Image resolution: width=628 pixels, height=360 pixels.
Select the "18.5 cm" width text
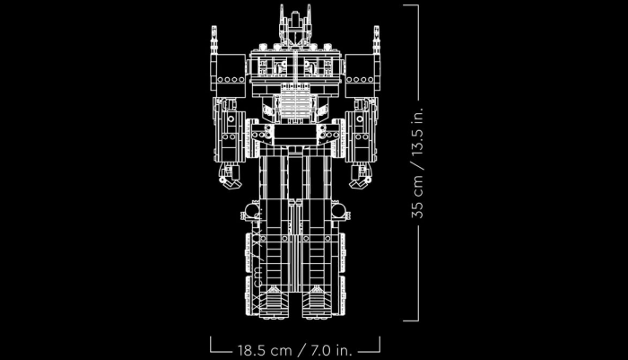[x=260, y=345]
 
